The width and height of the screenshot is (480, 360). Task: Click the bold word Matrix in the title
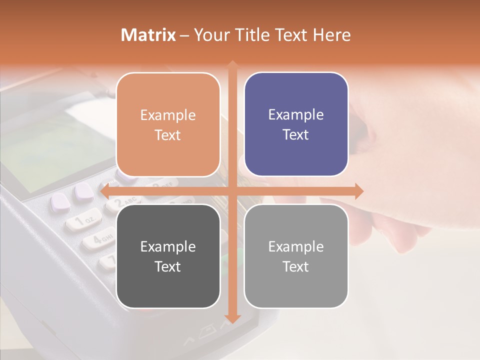[148, 35]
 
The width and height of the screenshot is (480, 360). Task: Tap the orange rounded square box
[168, 124]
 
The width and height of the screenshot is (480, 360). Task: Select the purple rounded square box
[296, 124]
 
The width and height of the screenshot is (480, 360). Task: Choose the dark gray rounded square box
[168, 256]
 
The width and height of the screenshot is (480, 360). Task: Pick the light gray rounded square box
[296, 256]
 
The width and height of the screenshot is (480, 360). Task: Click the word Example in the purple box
[296, 114]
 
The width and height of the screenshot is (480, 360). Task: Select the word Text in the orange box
[168, 135]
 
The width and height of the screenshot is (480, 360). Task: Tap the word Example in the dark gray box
[168, 246]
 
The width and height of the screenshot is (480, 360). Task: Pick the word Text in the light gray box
[296, 266]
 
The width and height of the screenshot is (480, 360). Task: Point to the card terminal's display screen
[55, 150]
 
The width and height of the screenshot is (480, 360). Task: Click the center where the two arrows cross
[232, 191]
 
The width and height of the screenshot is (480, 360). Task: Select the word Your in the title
[209, 35]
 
